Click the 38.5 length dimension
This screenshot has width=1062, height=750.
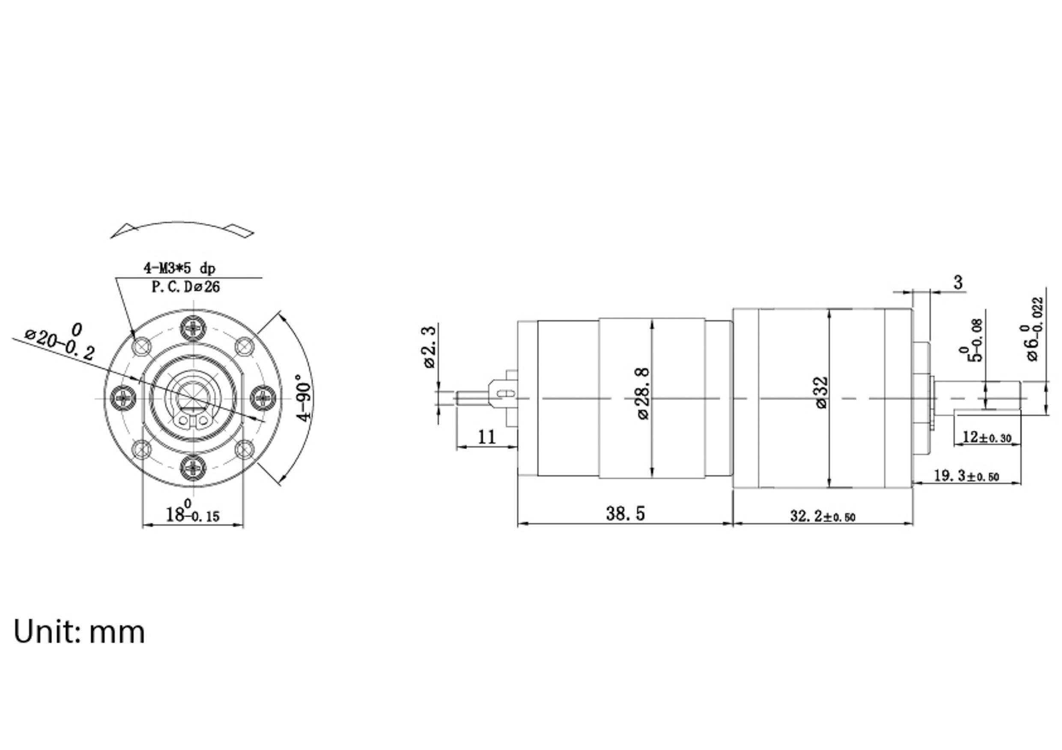click(625, 514)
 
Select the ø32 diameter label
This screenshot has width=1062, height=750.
click(821, 393)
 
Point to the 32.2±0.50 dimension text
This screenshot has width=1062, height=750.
click(822, 516)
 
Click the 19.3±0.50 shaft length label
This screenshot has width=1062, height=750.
click(966, 475)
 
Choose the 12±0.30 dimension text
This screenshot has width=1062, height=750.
click(987, 437)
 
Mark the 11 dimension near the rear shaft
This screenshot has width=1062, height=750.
click(486, 437)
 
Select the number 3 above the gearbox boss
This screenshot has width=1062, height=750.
click(958, 282)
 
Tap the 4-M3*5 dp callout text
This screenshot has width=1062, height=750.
click(179, 268)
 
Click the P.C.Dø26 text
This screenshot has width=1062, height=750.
click(185, 287)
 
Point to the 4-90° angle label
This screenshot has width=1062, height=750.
click(304, 398)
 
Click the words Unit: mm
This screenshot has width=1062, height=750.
click(79, 631)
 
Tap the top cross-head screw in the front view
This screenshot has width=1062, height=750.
click(192, 327)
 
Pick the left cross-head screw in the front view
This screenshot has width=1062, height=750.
click(123, 397)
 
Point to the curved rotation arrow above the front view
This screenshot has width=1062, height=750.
click(182, 228)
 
